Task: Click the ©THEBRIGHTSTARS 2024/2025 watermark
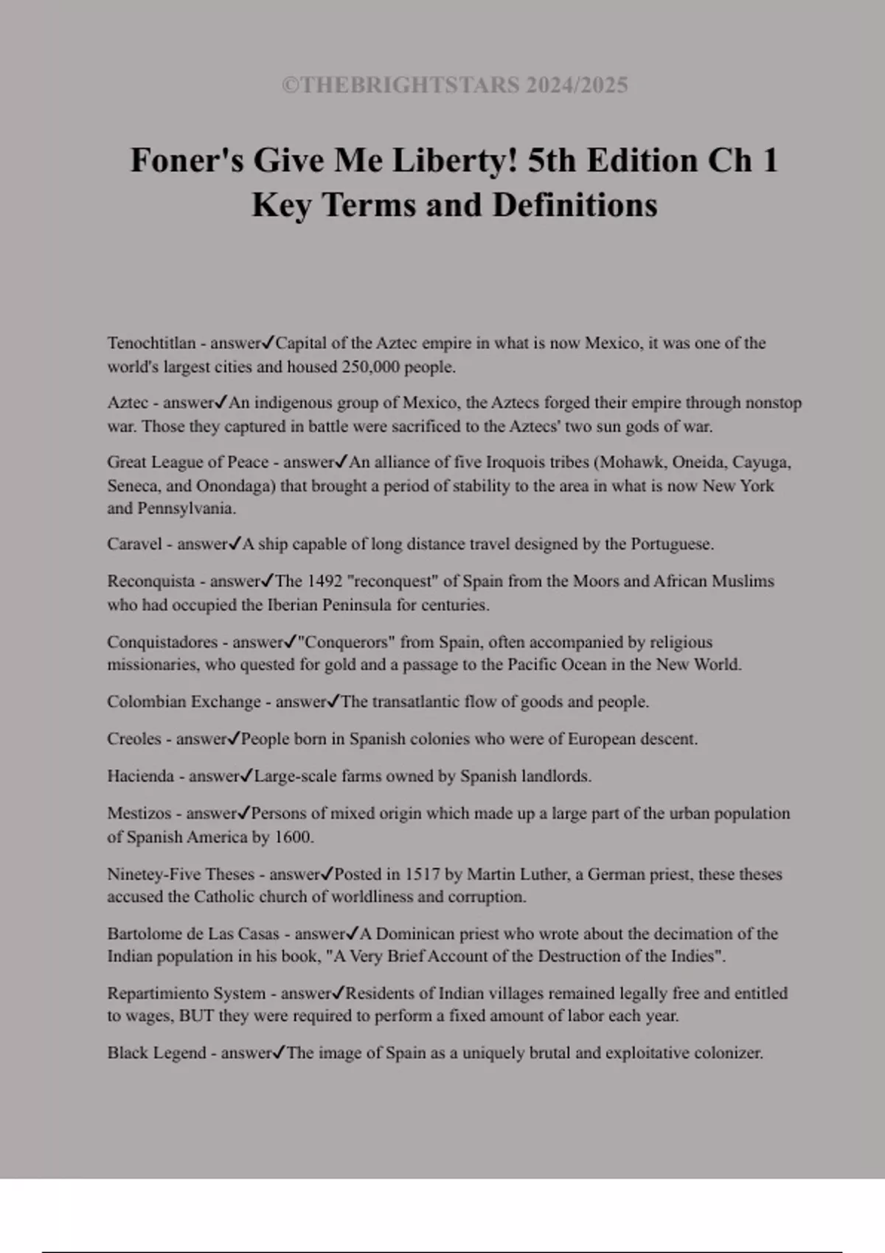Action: pyautogui.click(x=454, y=85)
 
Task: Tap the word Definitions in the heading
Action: pyautogui.click(x=575, y=205)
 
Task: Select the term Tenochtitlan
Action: pyautogui.click(x=151, y=343)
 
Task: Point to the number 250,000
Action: pyautogui.click(x=370, y=367)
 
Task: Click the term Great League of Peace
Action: pyautogui.click(x=187, y=462)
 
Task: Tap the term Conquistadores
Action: pyautogui.click(x=162, y=642)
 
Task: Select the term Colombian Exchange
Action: pyautogui.click(x=184, y=702)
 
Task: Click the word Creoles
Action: pyautogui.click(x=133, y=739)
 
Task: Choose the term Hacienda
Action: pyautogui.click(x=140, y=776)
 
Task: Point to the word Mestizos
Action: pyautogui.click(x=139, y=814)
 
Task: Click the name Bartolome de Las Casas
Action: pyautogui.click(x=193, y=934)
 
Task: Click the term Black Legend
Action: pyautogui.click(x=156, y=1053)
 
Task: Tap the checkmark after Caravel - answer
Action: pyautogui.click(x=235, y=544)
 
